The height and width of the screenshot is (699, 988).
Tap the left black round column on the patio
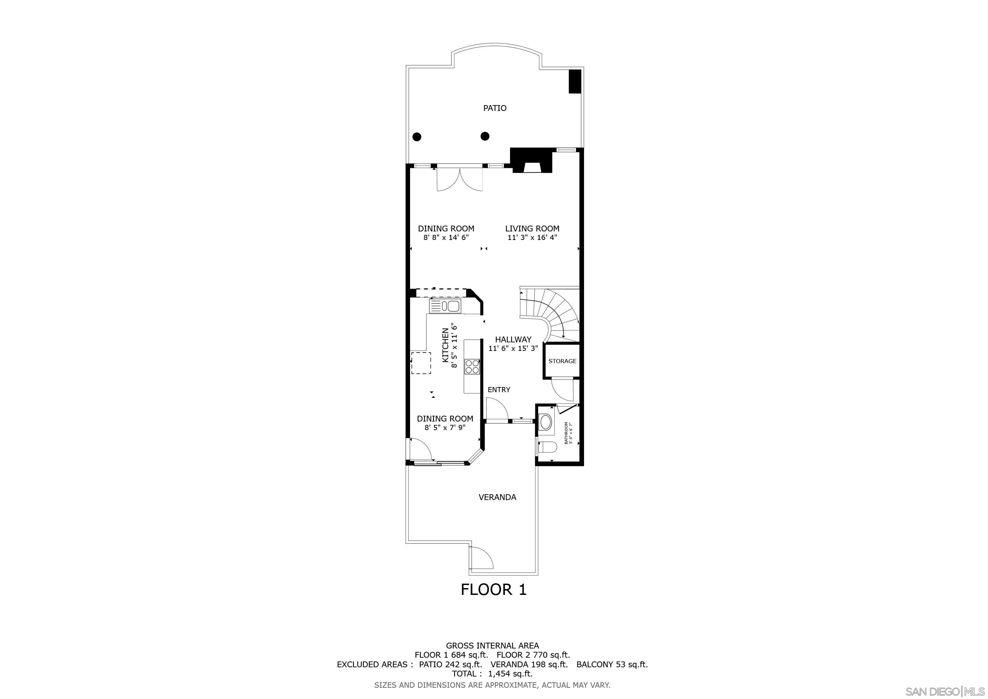(x=417, y=137)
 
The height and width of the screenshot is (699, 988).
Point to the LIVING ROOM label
(x=532, y=229)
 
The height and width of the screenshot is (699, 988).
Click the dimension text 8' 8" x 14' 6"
(x=446, y=237)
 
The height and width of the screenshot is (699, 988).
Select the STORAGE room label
(x=562, y=361)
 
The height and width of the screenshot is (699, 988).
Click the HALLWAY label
(x=513, y=339)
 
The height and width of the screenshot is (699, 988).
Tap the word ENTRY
(x=499, y=389)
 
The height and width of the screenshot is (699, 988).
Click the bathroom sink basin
(x=546, y=422)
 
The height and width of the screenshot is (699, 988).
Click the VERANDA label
(x=497, y=497)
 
